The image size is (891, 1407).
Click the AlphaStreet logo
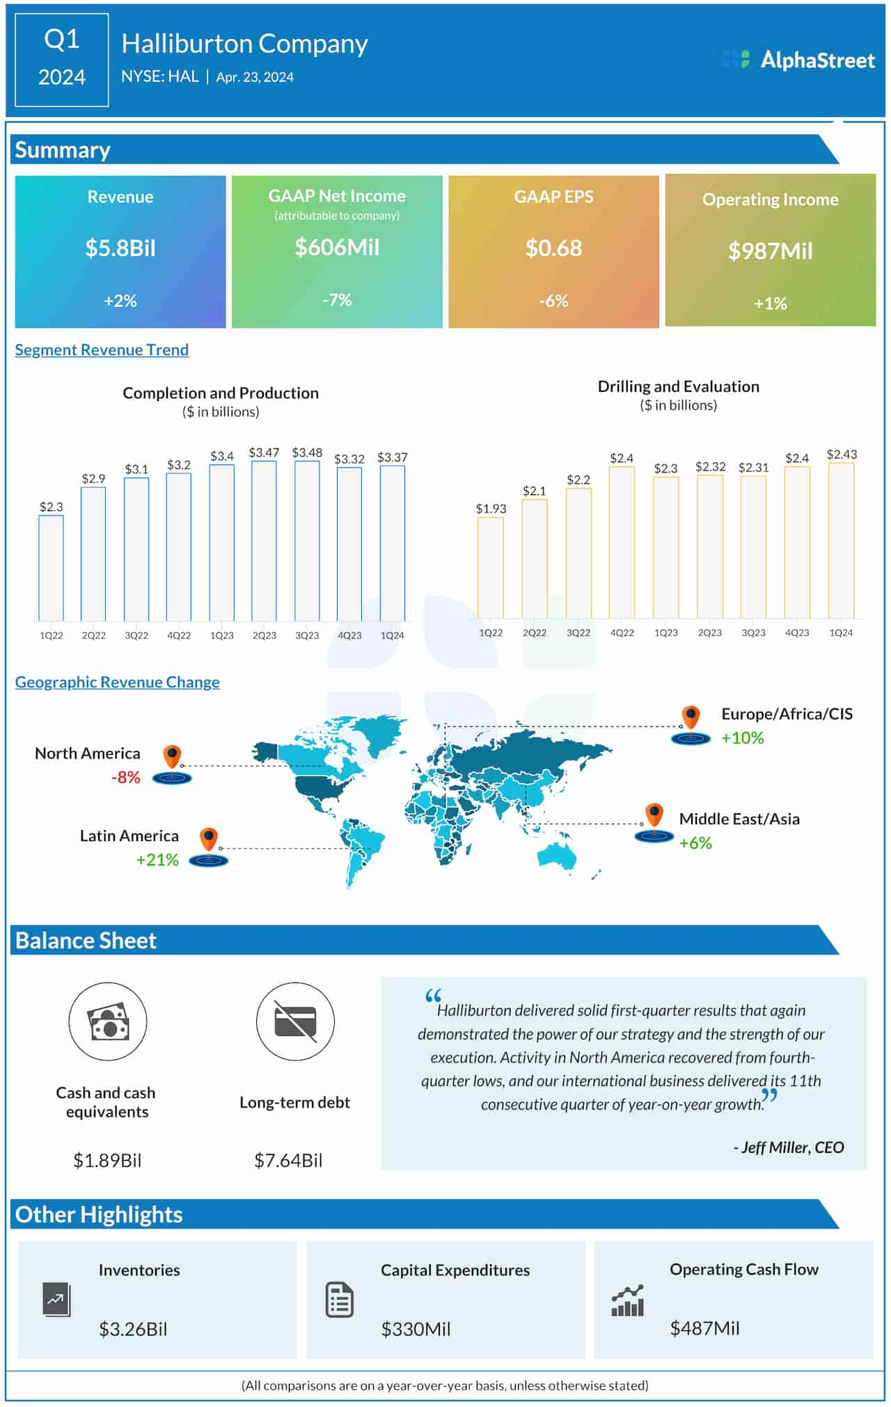tap(798, 60)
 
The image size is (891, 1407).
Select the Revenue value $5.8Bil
tap(120, 248)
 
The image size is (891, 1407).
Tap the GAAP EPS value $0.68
tap(553, 248)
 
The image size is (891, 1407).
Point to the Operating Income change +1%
tap(770, 304)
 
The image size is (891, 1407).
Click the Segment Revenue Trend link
tap(102, 349)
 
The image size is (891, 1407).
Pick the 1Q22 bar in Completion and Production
tap(51, 567)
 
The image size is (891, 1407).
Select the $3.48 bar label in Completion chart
tap(307, 453)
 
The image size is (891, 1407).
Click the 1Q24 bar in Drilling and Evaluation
tap(841, 540)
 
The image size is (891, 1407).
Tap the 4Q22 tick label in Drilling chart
tap(622, 633)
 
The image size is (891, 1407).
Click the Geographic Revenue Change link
tap(117, 682)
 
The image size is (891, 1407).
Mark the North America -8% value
tap(126, 777)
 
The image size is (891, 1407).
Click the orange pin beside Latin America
tap(209, 839)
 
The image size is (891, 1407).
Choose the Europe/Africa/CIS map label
tap(787, 714)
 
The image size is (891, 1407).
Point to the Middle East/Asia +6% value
tap(695, 842)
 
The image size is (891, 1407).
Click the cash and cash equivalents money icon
tap(108, 1021)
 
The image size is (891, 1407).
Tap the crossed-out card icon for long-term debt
tap(295, 1021)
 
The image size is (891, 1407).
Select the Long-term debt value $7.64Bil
tap(288, 1160)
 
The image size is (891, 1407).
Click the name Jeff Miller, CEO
tap(789, 1147)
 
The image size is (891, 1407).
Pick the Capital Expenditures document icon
tap(340, 1300)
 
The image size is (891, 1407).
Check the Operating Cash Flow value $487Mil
tap(704, 1328)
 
